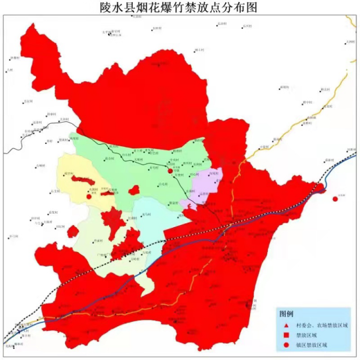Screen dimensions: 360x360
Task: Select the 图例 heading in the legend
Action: pos(287,313)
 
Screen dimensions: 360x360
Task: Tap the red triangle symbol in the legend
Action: pos(286,326)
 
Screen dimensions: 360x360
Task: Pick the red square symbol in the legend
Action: pos(286,335)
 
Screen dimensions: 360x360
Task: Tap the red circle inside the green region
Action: pos(170,169)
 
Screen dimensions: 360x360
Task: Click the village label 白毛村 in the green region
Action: pos(163,184)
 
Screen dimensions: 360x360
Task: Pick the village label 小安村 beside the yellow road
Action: pos(264,147)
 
